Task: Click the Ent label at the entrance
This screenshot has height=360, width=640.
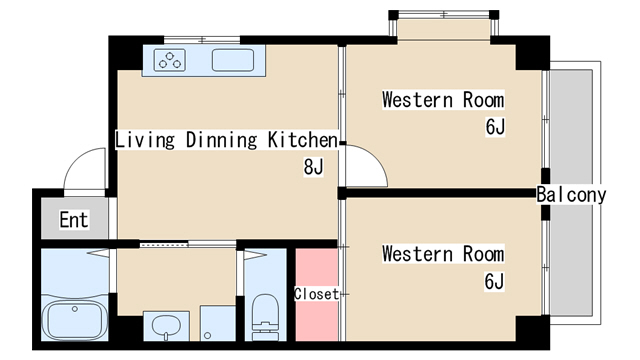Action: click(74, 220)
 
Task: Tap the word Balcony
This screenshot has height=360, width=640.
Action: click(571, 194)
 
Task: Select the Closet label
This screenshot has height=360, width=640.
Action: click(316, 294)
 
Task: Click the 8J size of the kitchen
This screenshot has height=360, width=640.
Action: click(313, 167)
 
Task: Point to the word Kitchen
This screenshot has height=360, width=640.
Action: click(303, 140)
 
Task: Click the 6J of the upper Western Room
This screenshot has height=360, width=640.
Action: click(495, 127)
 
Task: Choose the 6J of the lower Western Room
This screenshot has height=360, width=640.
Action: click(494, 281)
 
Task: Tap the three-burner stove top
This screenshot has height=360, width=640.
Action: click(170, 60)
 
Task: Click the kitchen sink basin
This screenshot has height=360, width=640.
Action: click(233, 60)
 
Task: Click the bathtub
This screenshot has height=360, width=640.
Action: click(75, 320)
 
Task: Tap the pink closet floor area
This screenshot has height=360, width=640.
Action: click(317, 295)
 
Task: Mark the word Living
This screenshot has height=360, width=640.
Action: click(145, 140)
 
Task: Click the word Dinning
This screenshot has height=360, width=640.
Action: click(222, 140)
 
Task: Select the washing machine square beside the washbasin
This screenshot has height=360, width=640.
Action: click(218, 323)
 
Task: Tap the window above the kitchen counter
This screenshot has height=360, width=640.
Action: click(202, 40)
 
